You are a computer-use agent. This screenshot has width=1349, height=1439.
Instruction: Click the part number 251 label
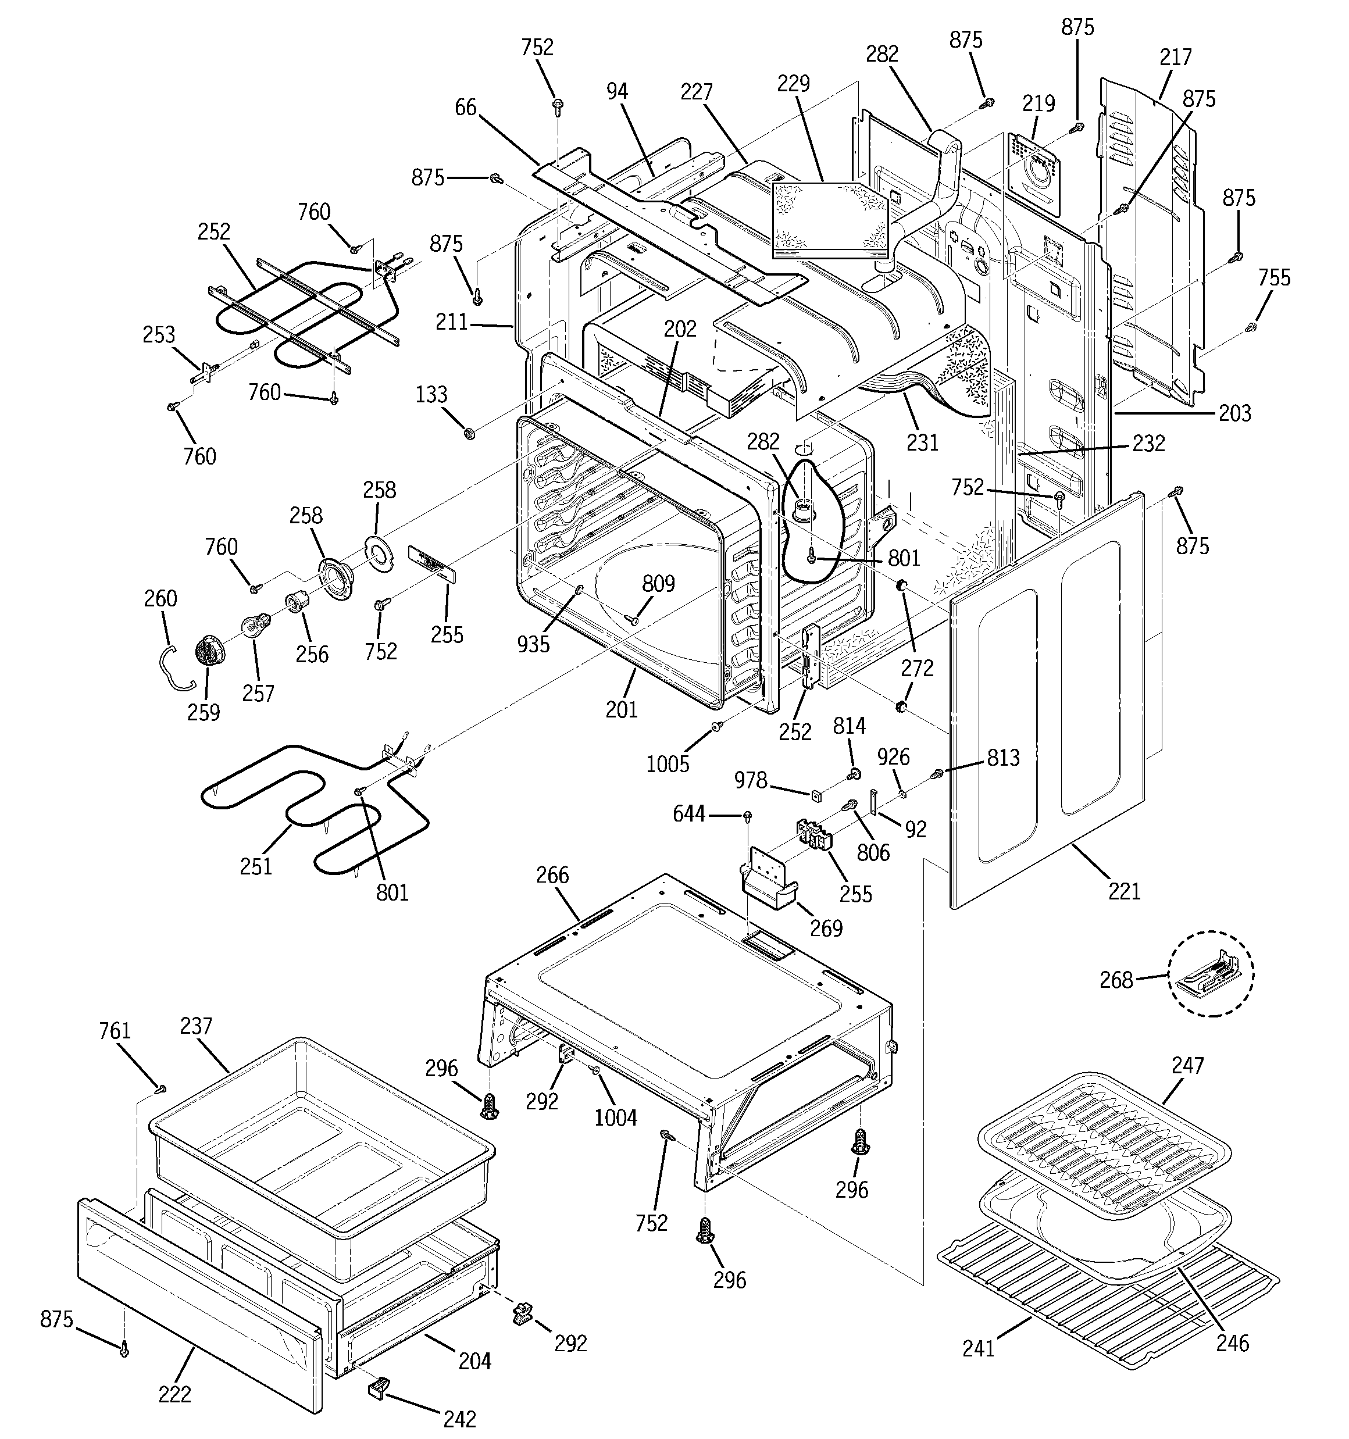point(256,866)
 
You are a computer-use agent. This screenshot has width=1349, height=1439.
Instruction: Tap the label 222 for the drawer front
point(174,1394)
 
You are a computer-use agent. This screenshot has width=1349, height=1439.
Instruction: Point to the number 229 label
point(793,83)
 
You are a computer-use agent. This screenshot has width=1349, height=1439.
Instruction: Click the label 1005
point(668,763)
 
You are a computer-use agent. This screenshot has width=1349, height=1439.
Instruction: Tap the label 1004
point(616,1117)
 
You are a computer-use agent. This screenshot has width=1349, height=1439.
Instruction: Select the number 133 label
point(431,395)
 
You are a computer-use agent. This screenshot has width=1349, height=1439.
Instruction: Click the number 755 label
point(1273,277)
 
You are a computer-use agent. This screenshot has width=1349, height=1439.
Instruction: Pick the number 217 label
point(1175,56)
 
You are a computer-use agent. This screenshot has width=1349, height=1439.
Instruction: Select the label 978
point(750,780)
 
